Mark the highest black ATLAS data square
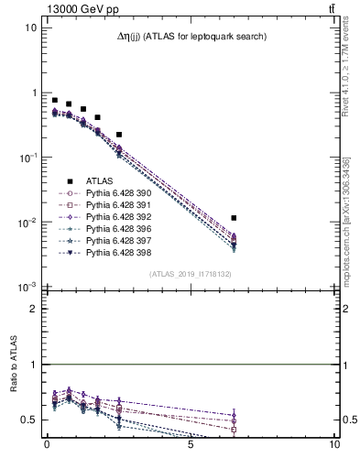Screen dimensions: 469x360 tap(54, 100)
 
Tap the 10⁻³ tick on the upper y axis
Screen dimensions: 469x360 tap(29, 288)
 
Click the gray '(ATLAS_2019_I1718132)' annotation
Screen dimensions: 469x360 tap(190, 274)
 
